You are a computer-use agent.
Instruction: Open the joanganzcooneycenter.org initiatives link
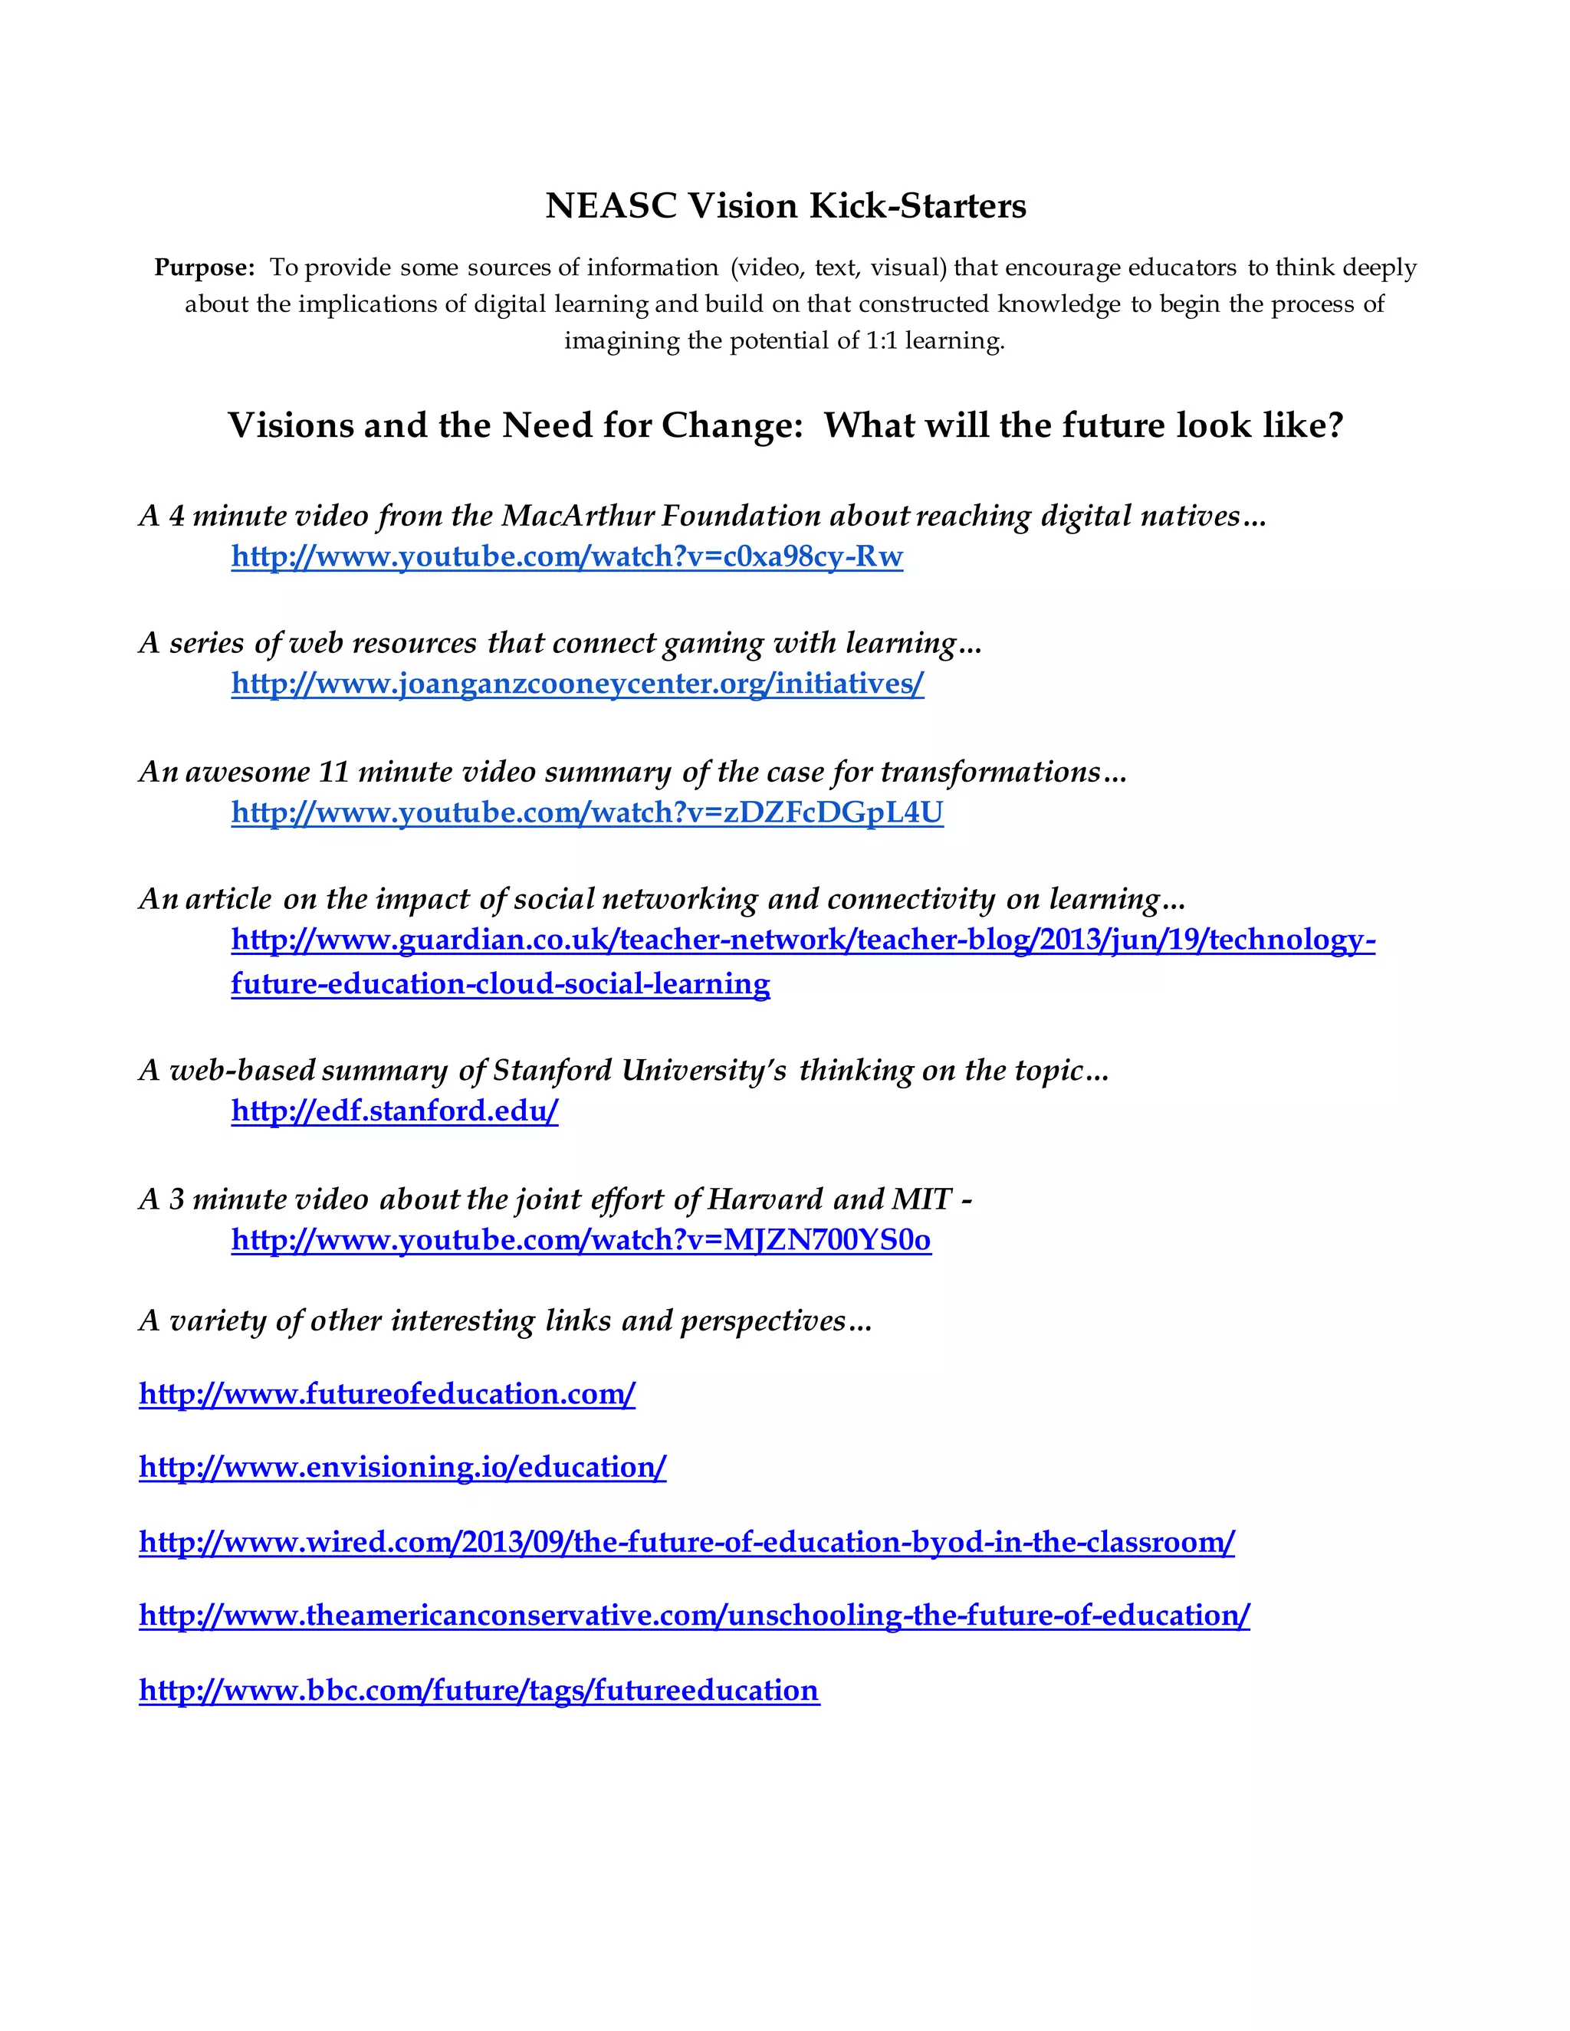pyautogui.click(x=576, y=684)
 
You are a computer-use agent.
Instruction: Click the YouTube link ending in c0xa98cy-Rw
pyautogui.click(x=567, y=556)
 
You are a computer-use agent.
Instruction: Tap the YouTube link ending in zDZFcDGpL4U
pyautogui.click(x=587, y=812)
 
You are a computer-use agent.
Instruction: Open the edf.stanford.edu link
pyautogui.click(x=394, y=1111)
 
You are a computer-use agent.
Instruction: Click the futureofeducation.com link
pyautogui.click(x=387, y=1393)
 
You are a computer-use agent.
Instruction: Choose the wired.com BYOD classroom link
pyautogui.click(x=686, y=1542)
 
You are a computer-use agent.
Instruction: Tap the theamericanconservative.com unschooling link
pyautogui.click(x=694, y=1616)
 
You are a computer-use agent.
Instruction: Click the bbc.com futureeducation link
pyautogui.click(x=479, y=1690)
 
